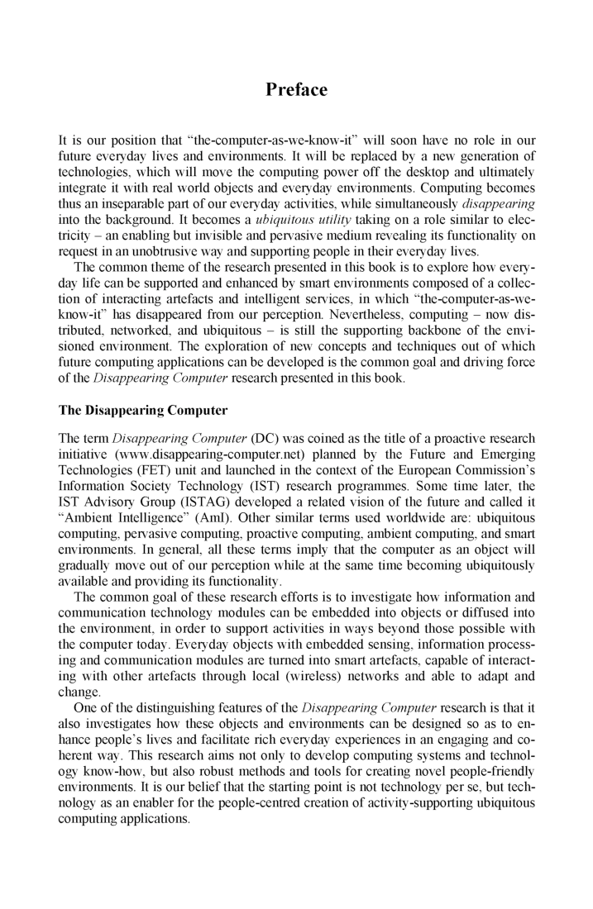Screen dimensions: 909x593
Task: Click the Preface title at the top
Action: point(296,90)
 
